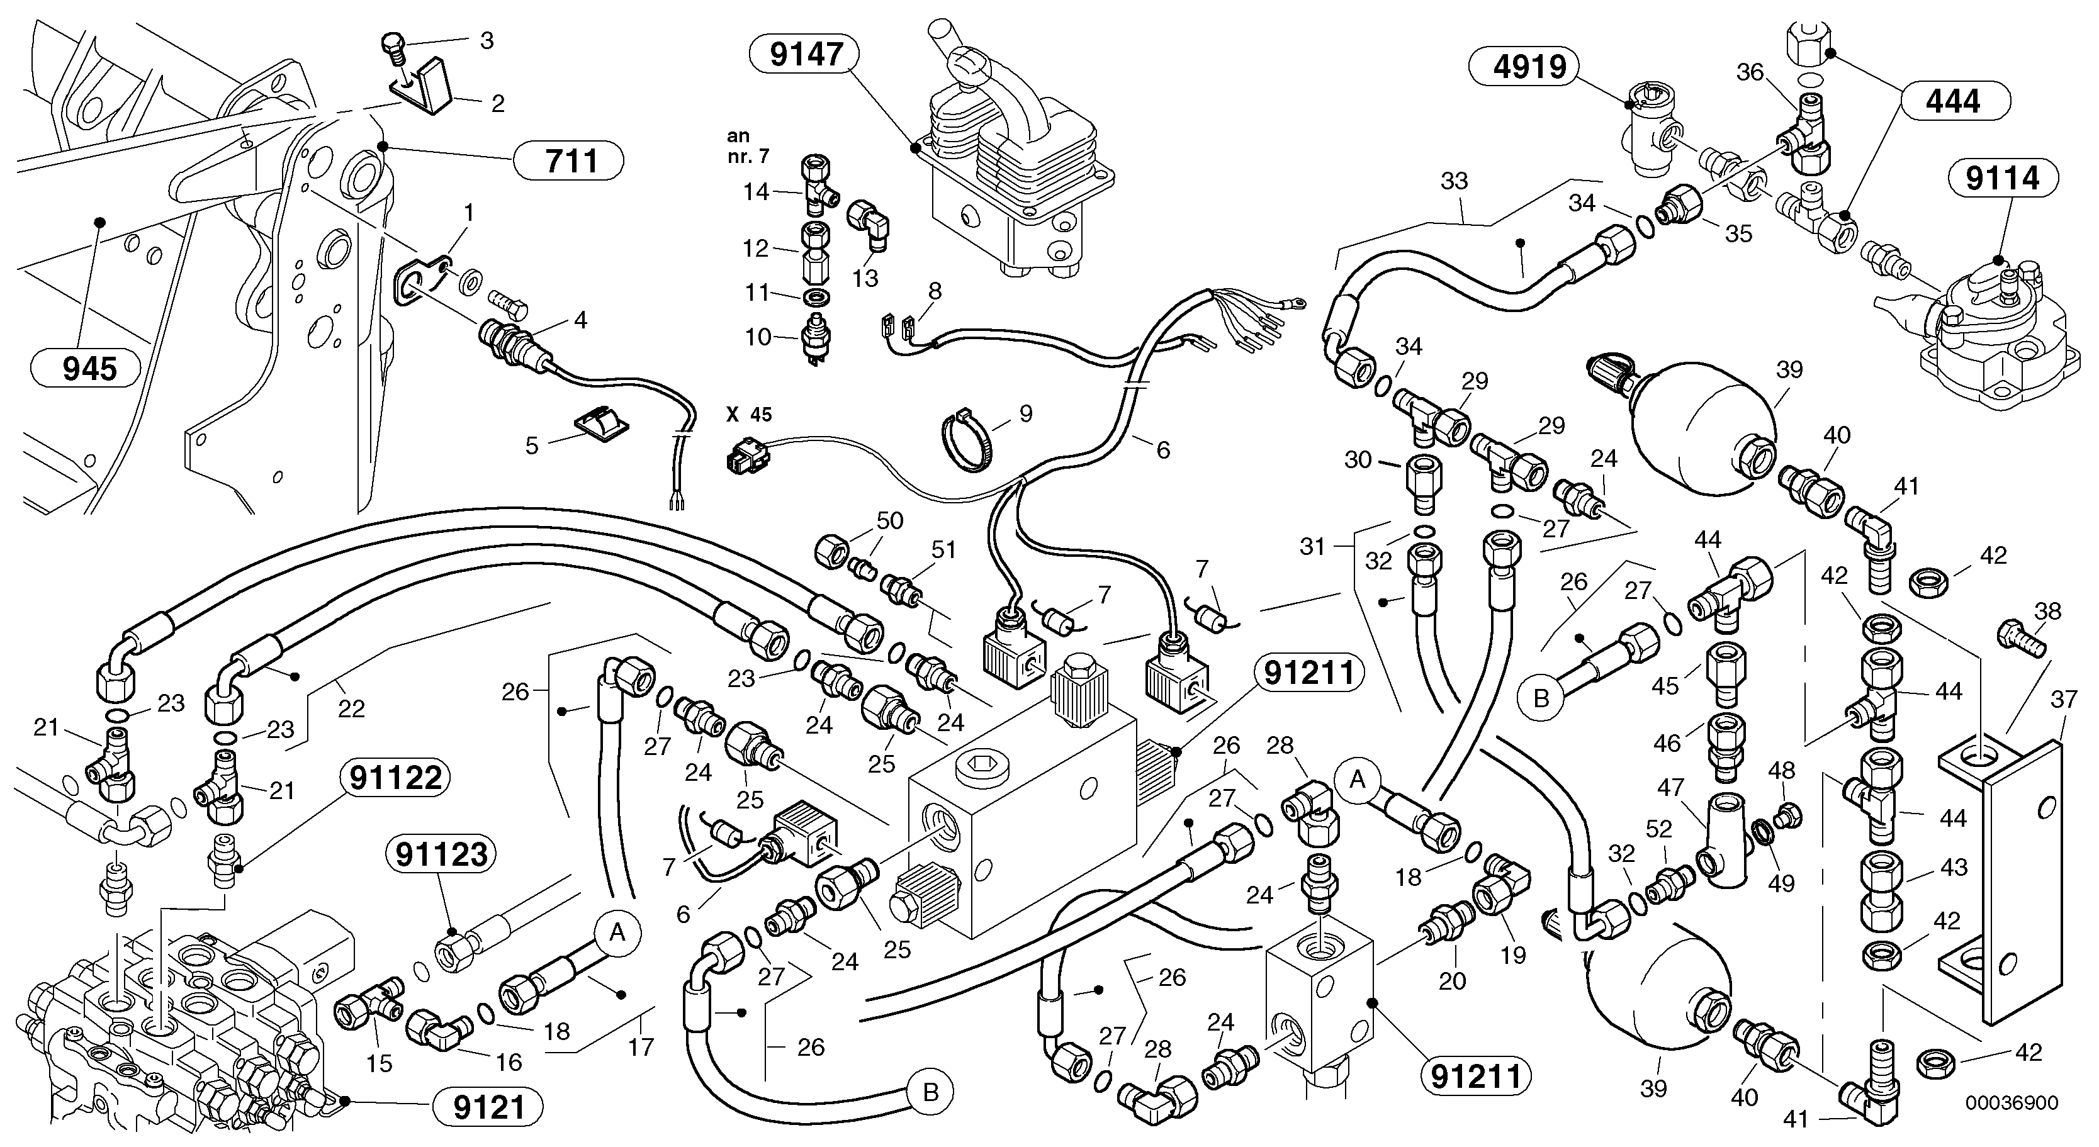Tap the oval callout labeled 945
coord(89,369)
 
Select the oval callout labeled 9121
coord(488,1107)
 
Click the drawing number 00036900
coord(2011,1103)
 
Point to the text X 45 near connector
coord(748,415)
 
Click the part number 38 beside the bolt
coord(2047,611)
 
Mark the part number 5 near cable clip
coord(531,445)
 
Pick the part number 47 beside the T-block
coord(1670,788)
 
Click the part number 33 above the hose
coord(1454,180)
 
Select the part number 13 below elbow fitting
coord(865,278)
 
